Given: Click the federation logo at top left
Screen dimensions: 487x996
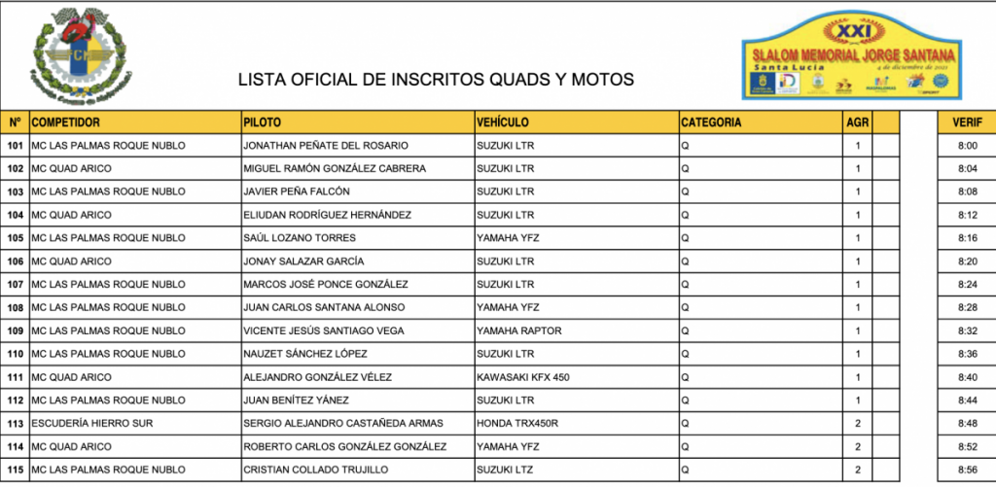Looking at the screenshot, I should pyautogui.click(x=82, y=56).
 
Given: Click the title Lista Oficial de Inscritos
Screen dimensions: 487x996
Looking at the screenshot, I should pyautogui.click(x=436, y=80).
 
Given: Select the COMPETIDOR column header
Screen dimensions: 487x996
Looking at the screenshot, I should pyautogui.click(x=66, y=122).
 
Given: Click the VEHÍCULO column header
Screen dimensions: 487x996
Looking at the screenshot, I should pyautogui.click(x=503, y=122).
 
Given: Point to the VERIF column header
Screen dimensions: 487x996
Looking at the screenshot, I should pyautogui.click(x=966, y=122).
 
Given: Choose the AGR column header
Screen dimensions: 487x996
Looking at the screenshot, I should pyautogui.click(x=858, y=122).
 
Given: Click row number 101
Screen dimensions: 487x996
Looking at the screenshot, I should pyautogui.click(x=15, y=146).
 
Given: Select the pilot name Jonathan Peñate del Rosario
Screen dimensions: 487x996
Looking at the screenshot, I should pyautogui.click(x=325, y=146).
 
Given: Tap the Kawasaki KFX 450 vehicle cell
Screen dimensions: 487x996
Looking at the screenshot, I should pyautogui.click(x=522, y=377).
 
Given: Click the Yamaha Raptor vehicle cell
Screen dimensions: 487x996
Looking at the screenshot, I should pyautogui.click(x=518, y=330).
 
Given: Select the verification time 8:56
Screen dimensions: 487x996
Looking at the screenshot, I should pyautogui.click(x=966, y=470).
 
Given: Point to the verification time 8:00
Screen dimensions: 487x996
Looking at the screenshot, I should pyautogui.click(x=966, y=146).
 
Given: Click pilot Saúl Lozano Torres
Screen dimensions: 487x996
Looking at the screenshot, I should pyautogui.click(x=300, y=238).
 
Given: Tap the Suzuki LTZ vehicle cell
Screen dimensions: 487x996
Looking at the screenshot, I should pyautogui.click(x=505, y=470).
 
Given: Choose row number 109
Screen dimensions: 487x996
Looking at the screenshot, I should pyautogui.click(x=15, y=330).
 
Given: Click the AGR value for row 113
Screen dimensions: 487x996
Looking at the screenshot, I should pyautogui.click(x=858, y=424).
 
